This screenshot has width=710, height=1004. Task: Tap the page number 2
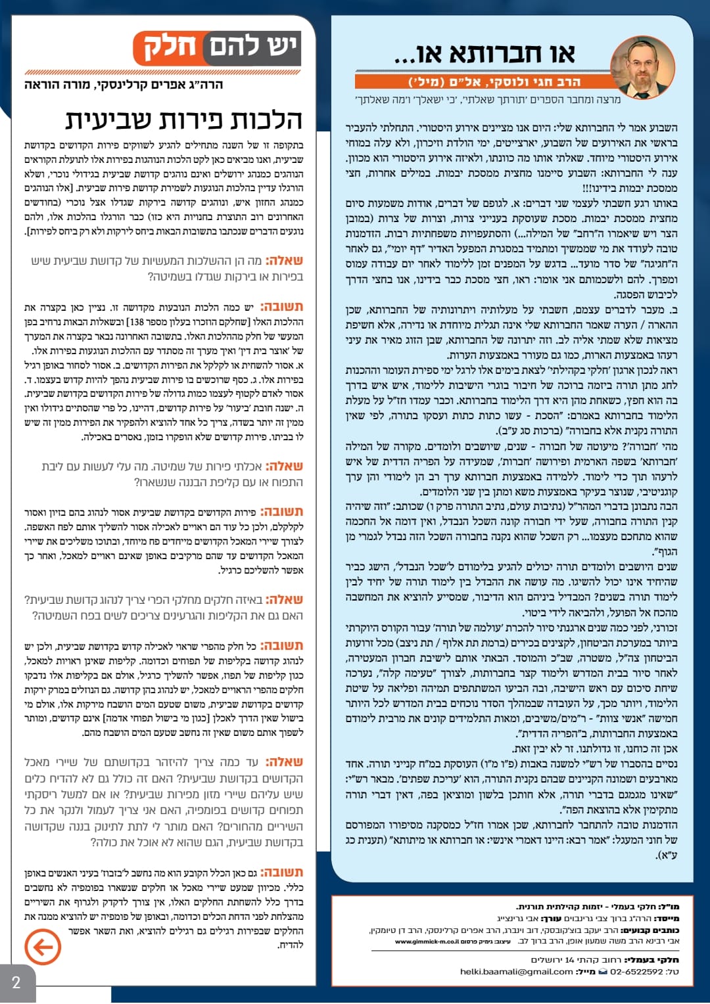pos(16,983)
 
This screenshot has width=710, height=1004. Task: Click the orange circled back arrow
pos(43,947)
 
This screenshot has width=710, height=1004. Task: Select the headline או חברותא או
pos(485,54)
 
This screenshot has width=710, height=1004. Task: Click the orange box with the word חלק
pos(169,47)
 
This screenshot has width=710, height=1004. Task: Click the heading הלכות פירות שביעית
pos(183,120)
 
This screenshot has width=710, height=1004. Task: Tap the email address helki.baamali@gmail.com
pos(516,971)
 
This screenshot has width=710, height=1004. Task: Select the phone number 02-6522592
pos(637,971)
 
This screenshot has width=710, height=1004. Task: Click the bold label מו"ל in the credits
pos(669,907)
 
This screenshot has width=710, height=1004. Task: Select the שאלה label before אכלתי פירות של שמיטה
pos(284,467)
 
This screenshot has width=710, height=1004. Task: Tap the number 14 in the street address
pos(569,959)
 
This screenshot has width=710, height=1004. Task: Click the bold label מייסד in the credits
pos(667,919)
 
